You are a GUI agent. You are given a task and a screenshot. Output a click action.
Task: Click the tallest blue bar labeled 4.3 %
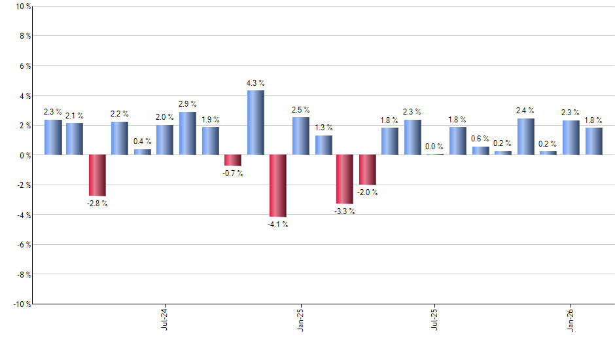coord(255,123)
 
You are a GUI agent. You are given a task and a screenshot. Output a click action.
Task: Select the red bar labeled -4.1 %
coord(278,185)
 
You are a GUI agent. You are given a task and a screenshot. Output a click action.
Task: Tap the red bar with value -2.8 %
coord(97,175)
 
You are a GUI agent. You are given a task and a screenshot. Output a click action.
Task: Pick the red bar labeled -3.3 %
coord(345,179)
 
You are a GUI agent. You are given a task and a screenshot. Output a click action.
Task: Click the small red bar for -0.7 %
coord(233,160)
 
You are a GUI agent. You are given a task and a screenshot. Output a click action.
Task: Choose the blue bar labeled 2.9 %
coord(188,134)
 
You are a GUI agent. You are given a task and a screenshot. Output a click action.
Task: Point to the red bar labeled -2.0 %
coord(368,170)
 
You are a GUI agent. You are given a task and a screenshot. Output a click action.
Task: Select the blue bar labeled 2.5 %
coord(300,136)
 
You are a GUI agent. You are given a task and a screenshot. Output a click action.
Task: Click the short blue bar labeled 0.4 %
coord(143,152)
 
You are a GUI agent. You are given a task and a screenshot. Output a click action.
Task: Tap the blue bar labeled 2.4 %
coord(525,137)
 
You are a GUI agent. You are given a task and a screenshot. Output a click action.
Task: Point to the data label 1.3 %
coord(324,128)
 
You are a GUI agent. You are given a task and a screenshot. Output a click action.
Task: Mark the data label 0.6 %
coord(480,138)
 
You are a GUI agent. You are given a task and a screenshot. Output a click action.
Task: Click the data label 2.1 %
coord(75,116)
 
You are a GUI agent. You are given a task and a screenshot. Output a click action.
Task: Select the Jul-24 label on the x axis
coord(164,319)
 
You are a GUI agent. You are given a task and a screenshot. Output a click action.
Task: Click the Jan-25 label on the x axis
coord(300,319)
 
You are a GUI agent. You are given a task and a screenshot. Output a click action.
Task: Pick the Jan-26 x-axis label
coord(571,319)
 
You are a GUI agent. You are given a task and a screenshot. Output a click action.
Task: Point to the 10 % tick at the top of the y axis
coord(22,7)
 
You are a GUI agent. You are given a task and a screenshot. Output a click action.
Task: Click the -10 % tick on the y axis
coord(20,304)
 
